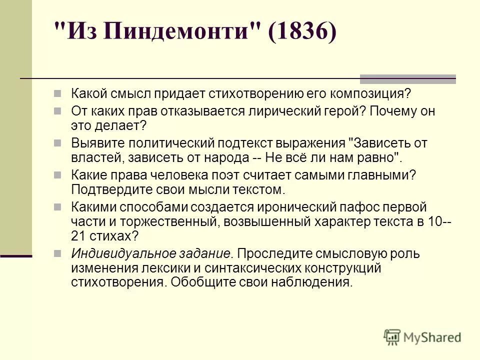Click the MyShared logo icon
pyautogui.click(x=392, y=336)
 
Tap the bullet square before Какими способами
pyautogui.click(x=58, y=206)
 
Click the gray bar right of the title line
pyautogui.click(x=407, y=78)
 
